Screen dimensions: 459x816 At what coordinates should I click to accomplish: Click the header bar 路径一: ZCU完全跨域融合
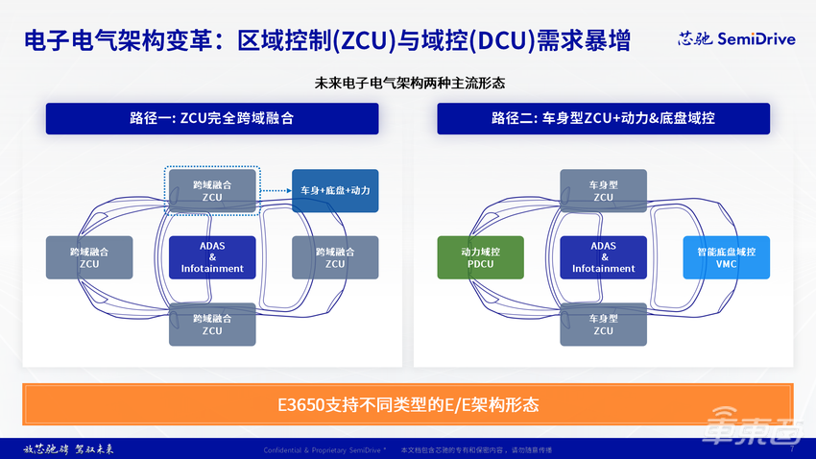pos(212,118)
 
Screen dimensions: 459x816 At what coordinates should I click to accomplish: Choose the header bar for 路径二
pos(603,118)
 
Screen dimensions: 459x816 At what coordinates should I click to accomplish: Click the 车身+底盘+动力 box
pos(335,190)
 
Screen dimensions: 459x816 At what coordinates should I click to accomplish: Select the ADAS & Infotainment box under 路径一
pos(212,257)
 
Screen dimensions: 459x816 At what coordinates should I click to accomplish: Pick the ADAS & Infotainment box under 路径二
pos(603,257)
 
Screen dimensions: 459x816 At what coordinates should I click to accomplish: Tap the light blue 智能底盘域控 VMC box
pos(726,257)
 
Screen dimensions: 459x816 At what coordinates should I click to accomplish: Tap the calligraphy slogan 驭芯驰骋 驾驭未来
pos(68,448)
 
